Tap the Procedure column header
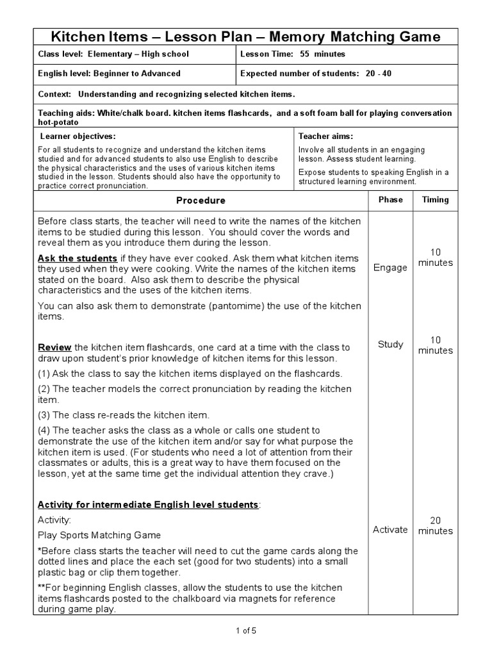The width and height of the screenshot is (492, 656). point(201,201)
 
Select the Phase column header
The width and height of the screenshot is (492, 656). point(390,200)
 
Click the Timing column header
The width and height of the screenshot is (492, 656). point(435,200)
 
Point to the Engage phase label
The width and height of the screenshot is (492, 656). point(390,268)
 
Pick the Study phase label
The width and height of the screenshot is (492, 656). point(390,345)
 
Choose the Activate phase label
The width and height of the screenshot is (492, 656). point(390,530)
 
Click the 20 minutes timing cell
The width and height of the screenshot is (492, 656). point(435,525)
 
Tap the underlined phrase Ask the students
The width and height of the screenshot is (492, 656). point(78,258)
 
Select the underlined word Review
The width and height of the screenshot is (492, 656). point(54,347)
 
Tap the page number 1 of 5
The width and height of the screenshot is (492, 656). point(246,630)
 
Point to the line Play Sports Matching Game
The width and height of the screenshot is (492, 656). point(99,535)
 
